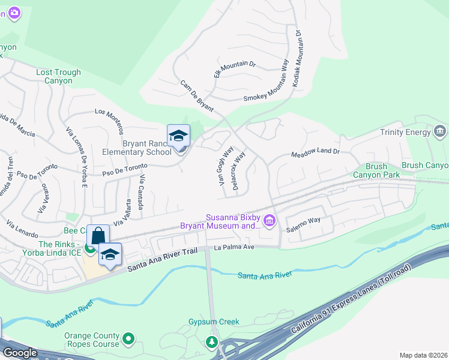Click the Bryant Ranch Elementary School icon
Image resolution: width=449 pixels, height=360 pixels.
[x=178, y=136]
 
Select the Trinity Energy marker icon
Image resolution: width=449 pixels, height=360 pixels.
[x=439, y=131]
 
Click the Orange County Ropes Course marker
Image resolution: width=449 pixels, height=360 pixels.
[x=128, y=340]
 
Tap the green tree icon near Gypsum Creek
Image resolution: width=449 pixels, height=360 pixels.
[x=211, y=343]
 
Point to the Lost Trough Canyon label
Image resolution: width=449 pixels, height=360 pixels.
[x=58, y=76]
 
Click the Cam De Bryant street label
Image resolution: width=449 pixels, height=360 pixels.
[x=197, y=97]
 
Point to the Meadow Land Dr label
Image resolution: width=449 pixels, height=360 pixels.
[x=315, y=153]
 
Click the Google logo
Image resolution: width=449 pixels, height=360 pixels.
[x=20, y=353]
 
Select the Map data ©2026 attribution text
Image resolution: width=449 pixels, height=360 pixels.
[x=423, y=355]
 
